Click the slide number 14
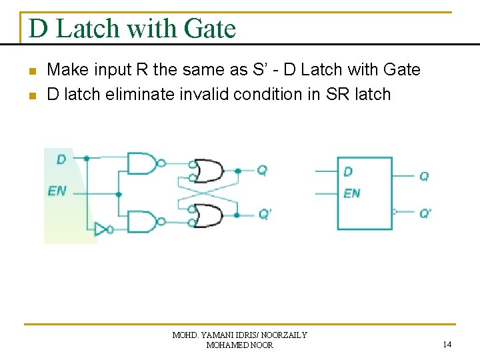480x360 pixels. [447, 345]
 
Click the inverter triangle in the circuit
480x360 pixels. [101, 229]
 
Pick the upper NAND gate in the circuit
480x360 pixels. [141, 162]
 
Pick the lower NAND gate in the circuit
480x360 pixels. [141, 221]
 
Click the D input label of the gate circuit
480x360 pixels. [61, 159]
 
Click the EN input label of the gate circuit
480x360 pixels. [57, 191]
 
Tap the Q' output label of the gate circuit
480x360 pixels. [265, 214]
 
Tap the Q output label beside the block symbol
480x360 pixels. [424, 176]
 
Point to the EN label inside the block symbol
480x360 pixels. [352, 193]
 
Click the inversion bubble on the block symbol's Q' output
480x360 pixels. [395, 212]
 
